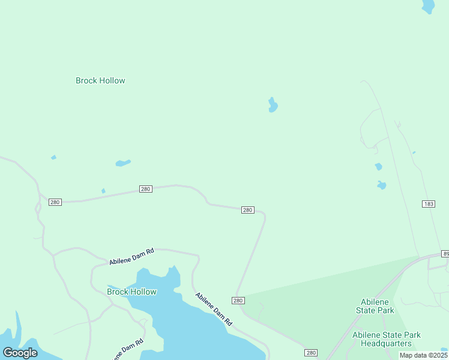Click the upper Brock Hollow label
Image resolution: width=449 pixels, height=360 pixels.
pos(100,80)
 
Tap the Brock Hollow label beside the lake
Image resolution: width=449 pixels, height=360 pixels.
pos(131,292)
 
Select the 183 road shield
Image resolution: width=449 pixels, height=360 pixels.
pos(428,204)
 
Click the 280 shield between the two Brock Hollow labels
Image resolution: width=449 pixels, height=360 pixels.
pos(145,189)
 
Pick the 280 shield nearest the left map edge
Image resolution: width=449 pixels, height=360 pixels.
pos(55,202)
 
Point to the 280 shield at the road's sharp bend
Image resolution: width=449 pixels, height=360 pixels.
pos(247,210)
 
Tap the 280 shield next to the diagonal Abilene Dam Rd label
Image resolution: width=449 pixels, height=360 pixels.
pos(238,301)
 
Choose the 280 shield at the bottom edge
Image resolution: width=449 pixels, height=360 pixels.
pos(310,353)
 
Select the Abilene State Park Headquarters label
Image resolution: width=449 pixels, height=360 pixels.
pos(386,339)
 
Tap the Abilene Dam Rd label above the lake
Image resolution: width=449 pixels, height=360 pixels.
pos(131,257)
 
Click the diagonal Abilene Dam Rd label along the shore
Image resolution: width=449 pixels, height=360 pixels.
pos(214,310)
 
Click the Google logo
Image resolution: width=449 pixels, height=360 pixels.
pos(20,353)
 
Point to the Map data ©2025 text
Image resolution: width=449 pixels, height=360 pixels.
pos(423,355)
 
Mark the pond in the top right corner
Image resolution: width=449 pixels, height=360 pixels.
pos(428,7)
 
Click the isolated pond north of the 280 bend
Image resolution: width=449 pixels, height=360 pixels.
pos(273,106)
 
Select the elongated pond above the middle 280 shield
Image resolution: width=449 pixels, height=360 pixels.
pos(122,163)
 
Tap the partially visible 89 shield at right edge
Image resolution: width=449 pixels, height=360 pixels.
pos(445,254)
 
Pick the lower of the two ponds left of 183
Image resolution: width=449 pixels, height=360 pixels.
pos(381,185)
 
